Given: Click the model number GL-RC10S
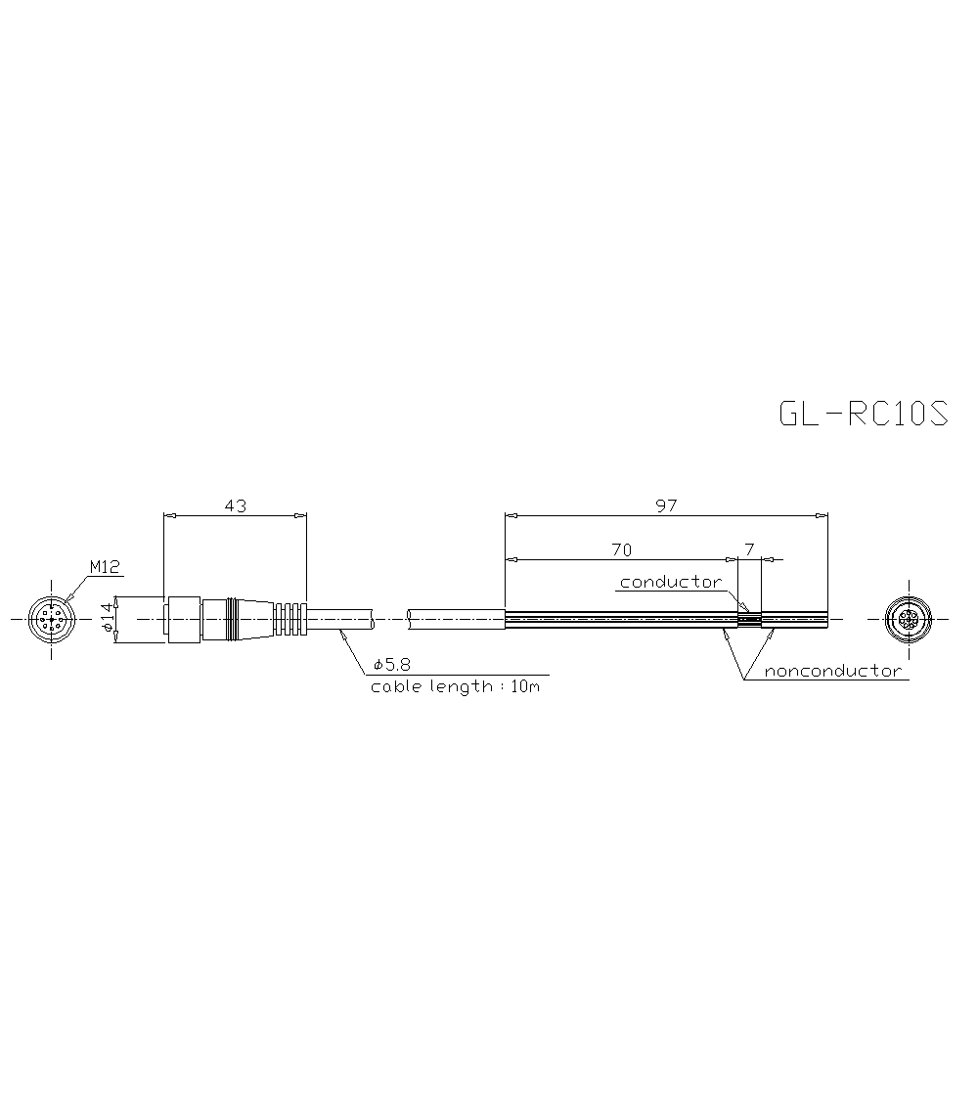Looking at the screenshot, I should [864, 414].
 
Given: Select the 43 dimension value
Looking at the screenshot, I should [235, 505].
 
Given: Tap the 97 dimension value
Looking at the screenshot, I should [666, 505].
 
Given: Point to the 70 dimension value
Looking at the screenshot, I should [621, 549].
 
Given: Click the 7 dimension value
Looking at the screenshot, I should [749, 549].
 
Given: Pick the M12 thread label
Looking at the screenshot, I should [103, 566].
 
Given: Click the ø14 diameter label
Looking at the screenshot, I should [107, 619].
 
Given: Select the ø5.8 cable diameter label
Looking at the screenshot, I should [390, 665].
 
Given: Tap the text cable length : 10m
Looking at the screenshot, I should [455, 686].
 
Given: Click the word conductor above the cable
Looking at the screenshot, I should [670, 582].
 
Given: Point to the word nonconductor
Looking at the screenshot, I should [832, 671].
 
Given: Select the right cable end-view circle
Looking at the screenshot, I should [908, 620].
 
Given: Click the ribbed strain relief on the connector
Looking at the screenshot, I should [289, 620].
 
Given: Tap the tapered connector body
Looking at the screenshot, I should [249, 620].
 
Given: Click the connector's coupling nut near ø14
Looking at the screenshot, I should [184, 620].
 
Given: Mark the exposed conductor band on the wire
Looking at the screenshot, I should [748, 620].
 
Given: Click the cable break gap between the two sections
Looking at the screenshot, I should [391, 620].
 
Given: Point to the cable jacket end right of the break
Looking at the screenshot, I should [456, 620].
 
